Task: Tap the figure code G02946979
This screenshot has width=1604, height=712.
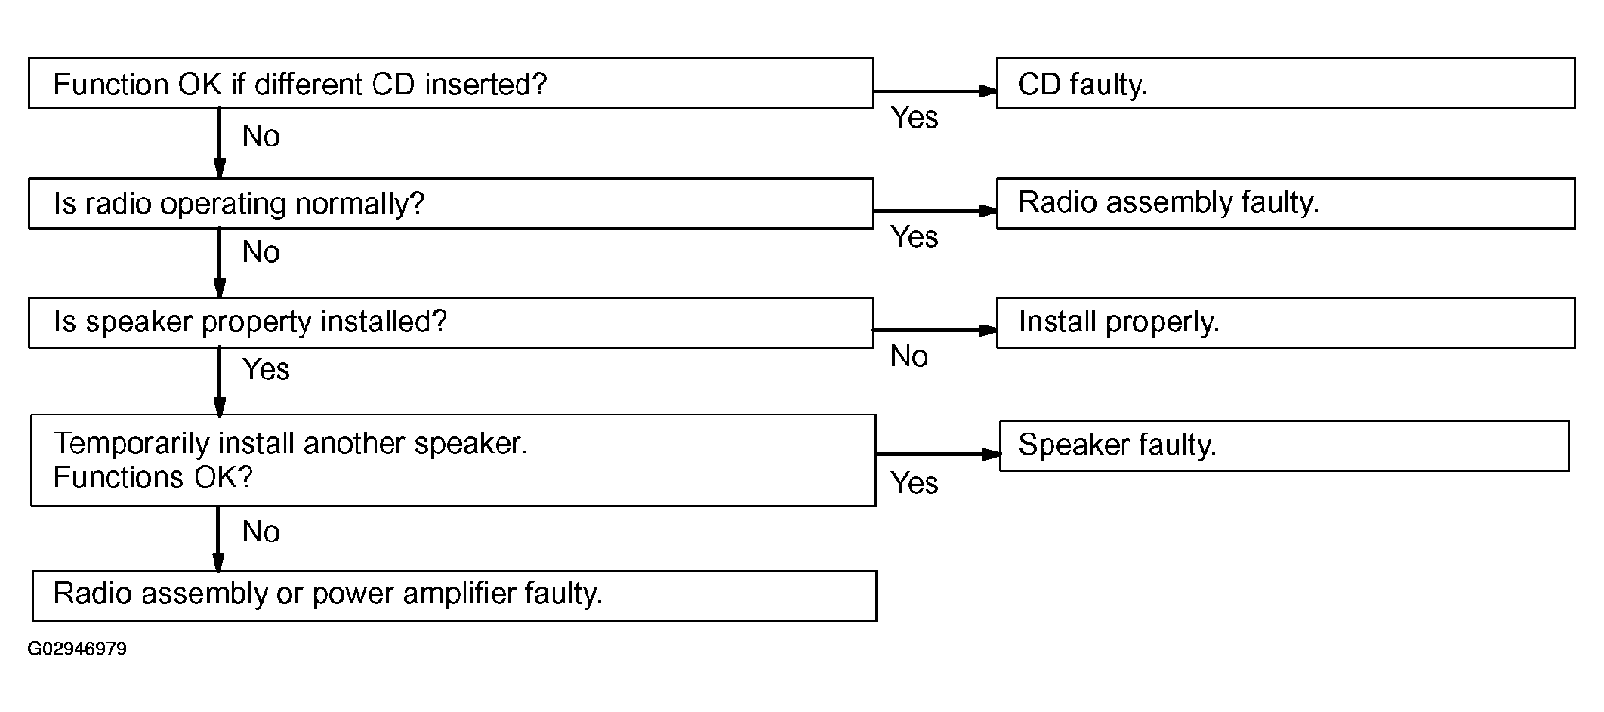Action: [x=77, y=649]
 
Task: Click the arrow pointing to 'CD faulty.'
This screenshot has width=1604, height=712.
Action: [x=935, y=91]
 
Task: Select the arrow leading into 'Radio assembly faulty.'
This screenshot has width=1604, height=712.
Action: [x=935, y=211]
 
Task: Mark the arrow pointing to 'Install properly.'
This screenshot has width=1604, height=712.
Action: [x=935, y=330]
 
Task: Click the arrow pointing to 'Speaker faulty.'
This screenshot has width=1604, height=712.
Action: [x=937, y=454]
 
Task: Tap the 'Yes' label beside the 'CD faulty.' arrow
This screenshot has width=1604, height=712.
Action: [x=914, y=118]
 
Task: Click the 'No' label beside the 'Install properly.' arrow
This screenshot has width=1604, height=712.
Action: [x=908, y=356]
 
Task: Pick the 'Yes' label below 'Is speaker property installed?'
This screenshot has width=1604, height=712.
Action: [x=266, y=370]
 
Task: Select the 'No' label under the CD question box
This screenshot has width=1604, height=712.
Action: [x=261, y=136]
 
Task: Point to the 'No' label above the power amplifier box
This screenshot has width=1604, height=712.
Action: [x=261, y=532]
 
